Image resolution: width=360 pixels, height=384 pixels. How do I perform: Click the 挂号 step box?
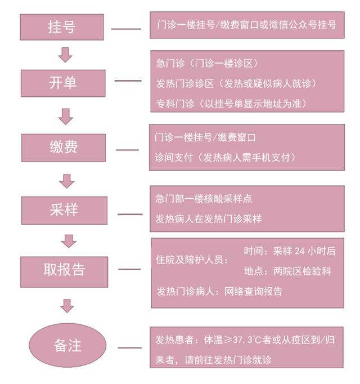(62, 27)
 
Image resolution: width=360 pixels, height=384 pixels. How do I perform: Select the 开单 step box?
(63, 83)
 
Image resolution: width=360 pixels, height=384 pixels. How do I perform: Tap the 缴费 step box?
(63, 148)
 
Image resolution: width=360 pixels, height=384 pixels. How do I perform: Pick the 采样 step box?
(64, 210)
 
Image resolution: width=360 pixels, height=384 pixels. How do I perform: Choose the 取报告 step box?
(64, 270)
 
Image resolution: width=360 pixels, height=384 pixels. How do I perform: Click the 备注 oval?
(67, 345)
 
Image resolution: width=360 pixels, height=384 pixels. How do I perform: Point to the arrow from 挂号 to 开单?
(66, 55)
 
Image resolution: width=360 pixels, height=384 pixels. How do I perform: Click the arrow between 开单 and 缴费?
(66, 116)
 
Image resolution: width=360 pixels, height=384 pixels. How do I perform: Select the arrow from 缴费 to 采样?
(67, 180)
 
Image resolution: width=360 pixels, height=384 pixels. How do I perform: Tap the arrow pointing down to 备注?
(67, 306)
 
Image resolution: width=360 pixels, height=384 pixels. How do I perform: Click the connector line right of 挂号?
(126, 29)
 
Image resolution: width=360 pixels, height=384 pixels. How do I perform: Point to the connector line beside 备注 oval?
(130, 347)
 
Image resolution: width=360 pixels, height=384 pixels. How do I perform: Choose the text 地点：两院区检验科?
(287, 271)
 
